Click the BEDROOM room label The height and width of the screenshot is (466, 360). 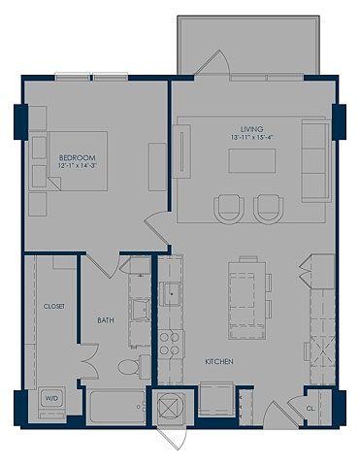point(78,158)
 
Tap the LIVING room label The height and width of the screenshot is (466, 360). point(251,129)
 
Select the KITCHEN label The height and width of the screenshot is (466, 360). point(219,361)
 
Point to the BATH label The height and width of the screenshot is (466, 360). point(106,320)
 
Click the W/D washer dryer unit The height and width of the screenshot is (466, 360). point(51,399)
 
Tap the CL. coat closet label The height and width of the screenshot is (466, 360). point(311,409)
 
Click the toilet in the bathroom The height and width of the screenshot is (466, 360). point(133,367)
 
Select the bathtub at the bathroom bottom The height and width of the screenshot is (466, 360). point(116,407)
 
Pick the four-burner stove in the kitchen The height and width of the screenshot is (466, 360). point(170,344)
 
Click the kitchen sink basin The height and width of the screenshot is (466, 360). point(172,294)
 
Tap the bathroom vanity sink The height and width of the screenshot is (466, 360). point(141,310)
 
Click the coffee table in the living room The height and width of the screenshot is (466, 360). point(252,161)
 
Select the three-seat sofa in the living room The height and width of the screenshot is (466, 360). point(316,161)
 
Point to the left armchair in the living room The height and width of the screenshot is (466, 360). point(229,209)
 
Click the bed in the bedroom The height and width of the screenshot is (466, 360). point(68,161)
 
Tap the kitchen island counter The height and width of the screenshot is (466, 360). point(246,301)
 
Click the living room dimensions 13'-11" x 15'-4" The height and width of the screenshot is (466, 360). point(250,137)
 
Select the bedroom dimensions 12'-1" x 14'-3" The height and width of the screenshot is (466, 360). point(77,166)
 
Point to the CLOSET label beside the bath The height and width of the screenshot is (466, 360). point(54,306)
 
